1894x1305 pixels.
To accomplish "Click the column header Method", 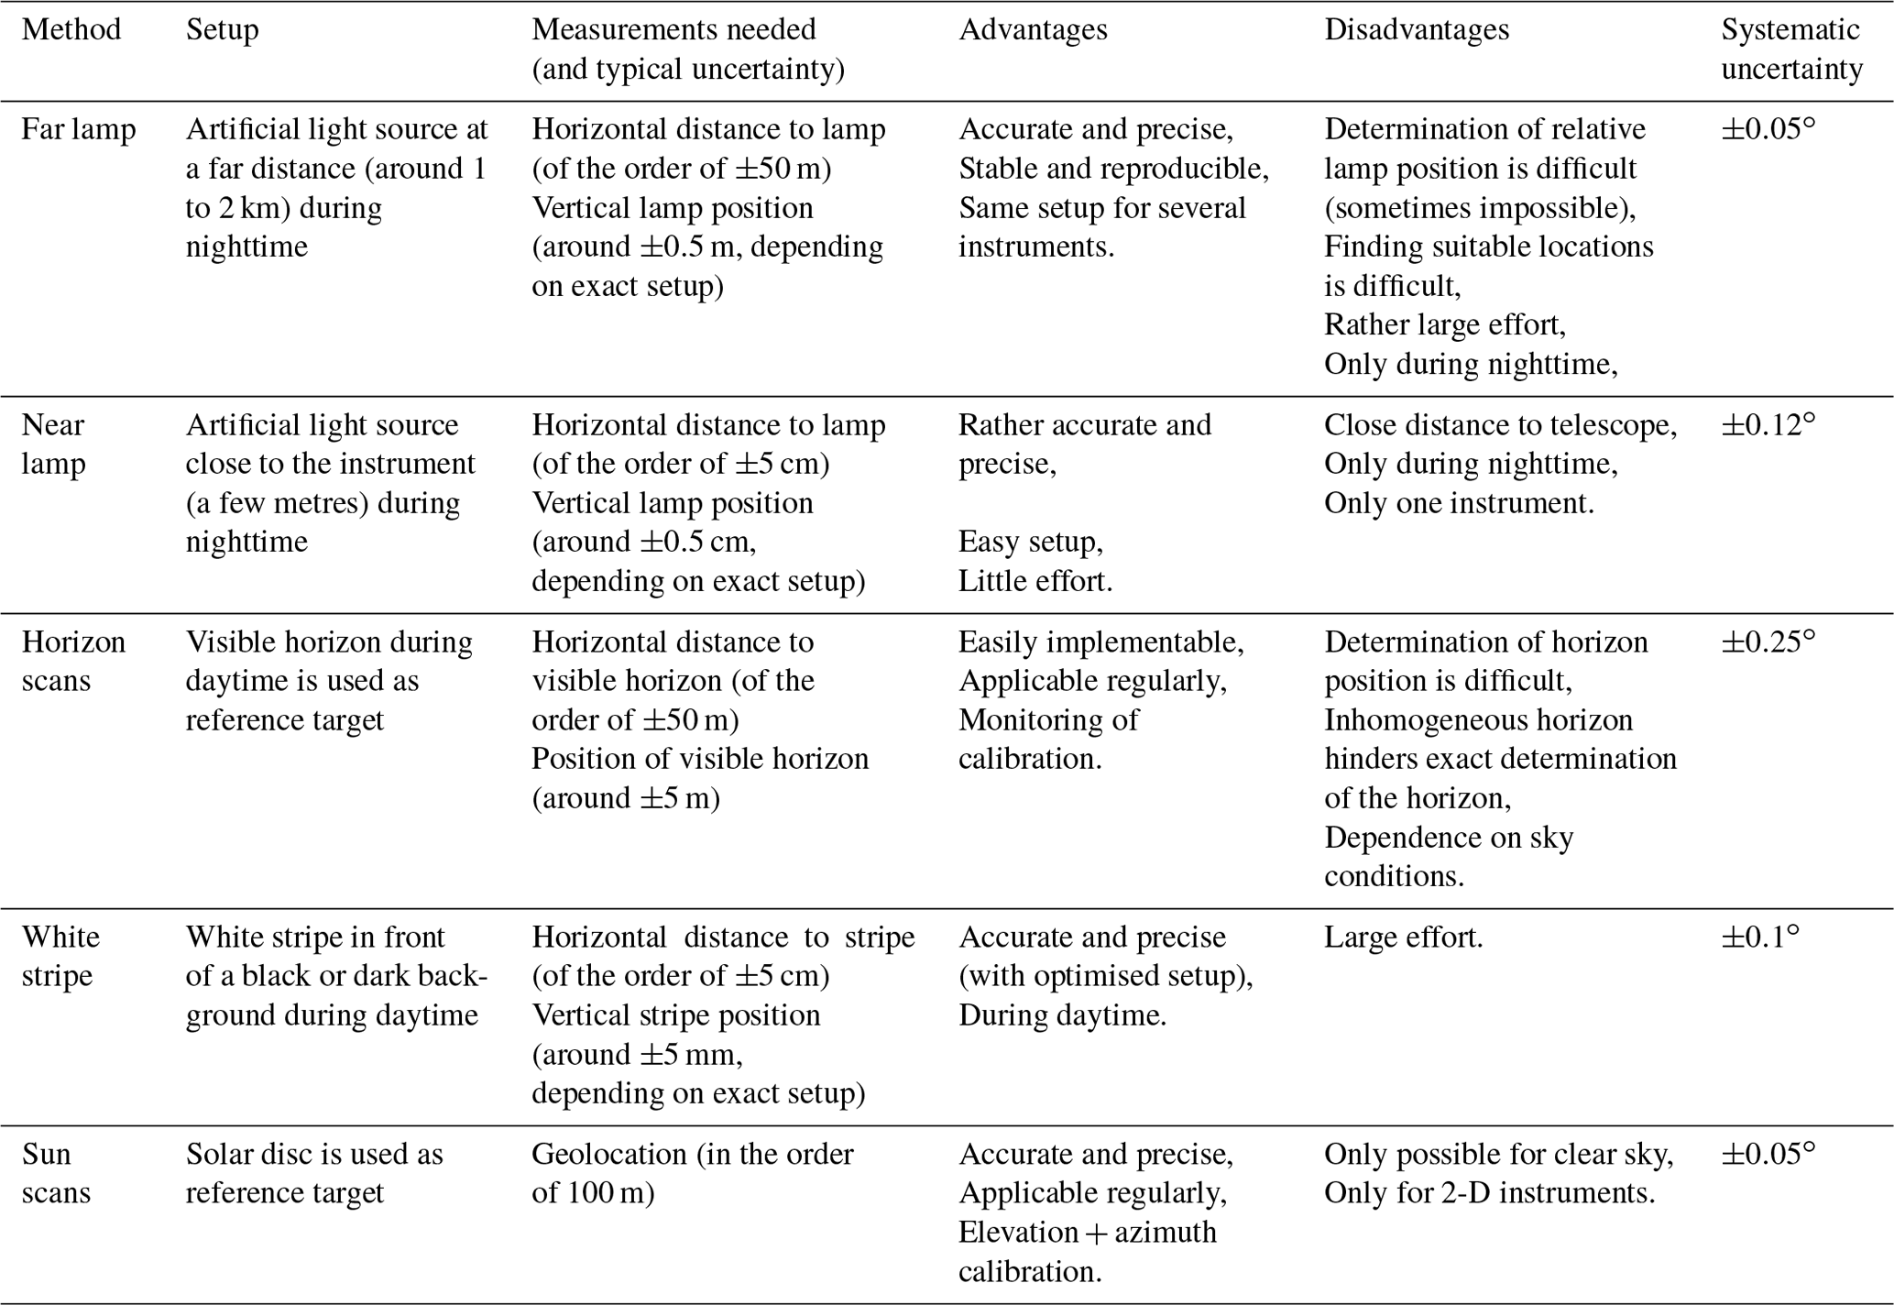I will [71, 30].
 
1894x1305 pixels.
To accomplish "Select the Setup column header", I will [223, 30].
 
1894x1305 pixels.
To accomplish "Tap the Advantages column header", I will [1033, 30].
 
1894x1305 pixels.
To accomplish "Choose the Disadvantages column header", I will [1417, 30].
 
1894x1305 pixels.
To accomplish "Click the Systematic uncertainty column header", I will [1791, 49].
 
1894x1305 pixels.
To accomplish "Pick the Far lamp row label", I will [79, 129].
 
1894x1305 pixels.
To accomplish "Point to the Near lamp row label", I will [53, 444].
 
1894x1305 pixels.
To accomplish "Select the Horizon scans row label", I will [73, 661].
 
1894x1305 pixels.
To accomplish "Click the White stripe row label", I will [60, 956].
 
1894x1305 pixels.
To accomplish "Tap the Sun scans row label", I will [56, 1173].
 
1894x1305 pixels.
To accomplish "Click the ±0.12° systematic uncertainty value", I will [1768, 425].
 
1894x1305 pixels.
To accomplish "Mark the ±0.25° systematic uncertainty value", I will [1768, 642].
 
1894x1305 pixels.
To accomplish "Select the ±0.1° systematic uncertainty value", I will [1760, 937].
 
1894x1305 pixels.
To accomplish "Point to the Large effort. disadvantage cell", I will [1403, 938].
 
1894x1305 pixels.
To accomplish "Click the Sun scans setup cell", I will [314, 1173].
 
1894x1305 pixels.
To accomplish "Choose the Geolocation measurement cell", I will [693, 1173].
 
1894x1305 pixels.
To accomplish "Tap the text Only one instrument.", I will [1459, 503].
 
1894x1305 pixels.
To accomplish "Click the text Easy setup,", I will [1031, 542].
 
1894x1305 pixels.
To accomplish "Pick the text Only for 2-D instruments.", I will [1489, 1192].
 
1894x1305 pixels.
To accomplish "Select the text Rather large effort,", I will [1445, 324].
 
